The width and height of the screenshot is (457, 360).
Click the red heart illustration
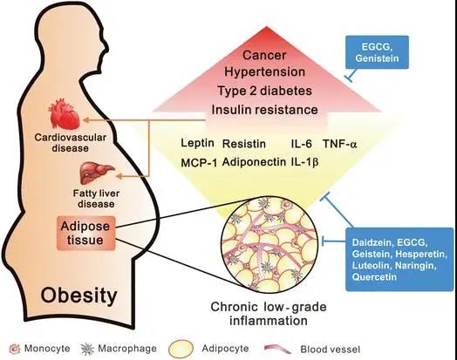65,114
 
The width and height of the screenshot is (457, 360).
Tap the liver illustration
97,173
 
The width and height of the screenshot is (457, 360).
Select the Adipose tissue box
86,233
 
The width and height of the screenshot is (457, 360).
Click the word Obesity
78,295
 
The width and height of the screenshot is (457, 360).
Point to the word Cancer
264,55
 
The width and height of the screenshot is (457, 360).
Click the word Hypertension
264,71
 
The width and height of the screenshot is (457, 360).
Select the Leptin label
197,143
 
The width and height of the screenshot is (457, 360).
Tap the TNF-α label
339,144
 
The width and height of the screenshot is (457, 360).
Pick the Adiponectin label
254,162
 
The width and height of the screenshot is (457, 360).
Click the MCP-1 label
199,163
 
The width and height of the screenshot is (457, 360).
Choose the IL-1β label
304,162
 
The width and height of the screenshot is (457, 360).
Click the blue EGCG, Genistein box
377,52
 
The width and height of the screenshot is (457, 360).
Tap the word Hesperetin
421,254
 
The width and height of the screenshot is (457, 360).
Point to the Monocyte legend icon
15,349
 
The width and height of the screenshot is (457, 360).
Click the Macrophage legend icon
87,349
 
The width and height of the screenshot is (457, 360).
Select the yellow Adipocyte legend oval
181,349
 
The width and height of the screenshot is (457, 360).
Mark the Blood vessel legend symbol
277,349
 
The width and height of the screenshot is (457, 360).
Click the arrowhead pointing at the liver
120,176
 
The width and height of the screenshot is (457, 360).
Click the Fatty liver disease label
96,199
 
